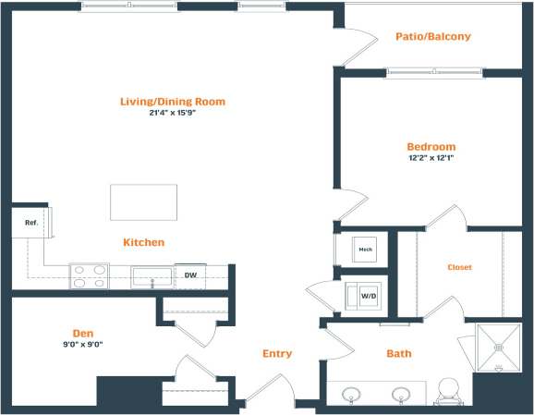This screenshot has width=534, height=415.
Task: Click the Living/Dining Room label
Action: click(172, 102)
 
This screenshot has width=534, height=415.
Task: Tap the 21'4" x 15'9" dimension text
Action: click(172, 114)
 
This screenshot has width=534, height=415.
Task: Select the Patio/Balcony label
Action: click(432, 37)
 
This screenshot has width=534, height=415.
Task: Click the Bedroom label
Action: click(431, 147)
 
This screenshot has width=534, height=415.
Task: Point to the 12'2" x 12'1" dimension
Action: click(431, 158)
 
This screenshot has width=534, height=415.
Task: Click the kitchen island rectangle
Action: click(143, 202)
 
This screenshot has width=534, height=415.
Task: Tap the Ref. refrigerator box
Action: click(30, 222)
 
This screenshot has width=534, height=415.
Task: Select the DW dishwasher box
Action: click(190, 275)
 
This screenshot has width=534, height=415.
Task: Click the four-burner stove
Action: click(89, 276)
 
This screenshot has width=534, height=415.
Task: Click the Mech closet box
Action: click(365, 249)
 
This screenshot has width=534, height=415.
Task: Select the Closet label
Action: click(459, 267)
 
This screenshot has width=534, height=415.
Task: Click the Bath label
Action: click(398, 353)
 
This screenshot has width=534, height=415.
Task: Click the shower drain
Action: click(500, 348)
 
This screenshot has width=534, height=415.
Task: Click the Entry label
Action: click(276, 353)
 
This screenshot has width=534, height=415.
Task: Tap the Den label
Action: click(84, 333)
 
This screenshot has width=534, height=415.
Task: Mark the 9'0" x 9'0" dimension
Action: click(84, 344)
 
